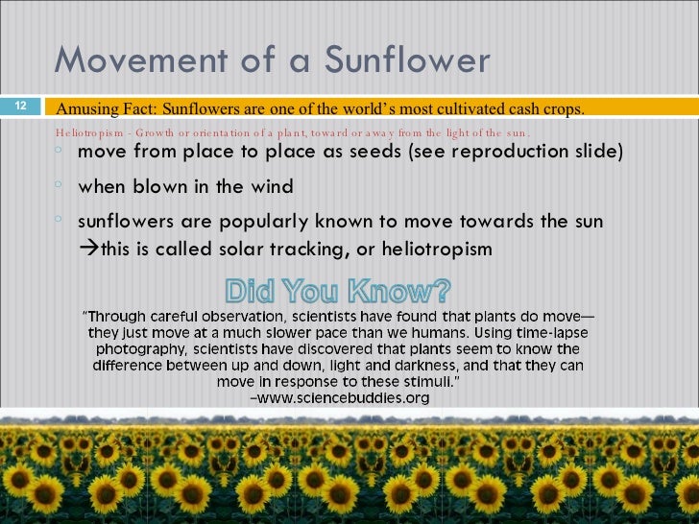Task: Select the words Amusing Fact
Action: (101, 109)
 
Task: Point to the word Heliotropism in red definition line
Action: (92, 132)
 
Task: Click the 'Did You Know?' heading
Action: (337, 290)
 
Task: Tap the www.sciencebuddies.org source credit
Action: (351, 397)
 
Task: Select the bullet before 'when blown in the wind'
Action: (60, 185)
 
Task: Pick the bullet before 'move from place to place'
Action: (60, 152)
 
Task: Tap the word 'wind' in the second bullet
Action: (272, 186)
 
